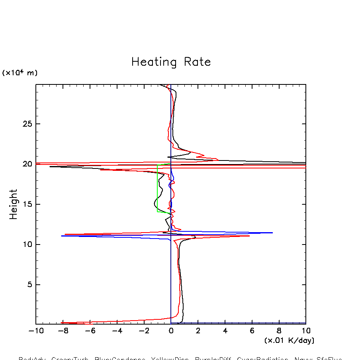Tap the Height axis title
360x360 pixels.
pyautogui.click(x=14, y=204)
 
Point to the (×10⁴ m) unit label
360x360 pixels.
pyautogui.click(x=20, y=73)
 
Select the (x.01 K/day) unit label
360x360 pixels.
pyautogui.click(x=289, y=340)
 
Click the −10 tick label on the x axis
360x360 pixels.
pyautogui.click(x=34, y=331)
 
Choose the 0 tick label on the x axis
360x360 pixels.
pyautogui.click(x=171, y=331)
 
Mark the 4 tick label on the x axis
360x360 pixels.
pyautogui.click(x=225, y=331)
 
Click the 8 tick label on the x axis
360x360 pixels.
pyautogui.click(x=279, y=331)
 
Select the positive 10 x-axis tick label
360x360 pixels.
pyautogui.click(x=305, y=331)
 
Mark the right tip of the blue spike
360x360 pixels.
pyautogui.click(x=272, y=233)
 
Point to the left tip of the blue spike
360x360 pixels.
pyautogui.click(x=61, y=236)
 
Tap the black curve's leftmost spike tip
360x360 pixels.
pyautogui.click(x=50, y=166)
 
